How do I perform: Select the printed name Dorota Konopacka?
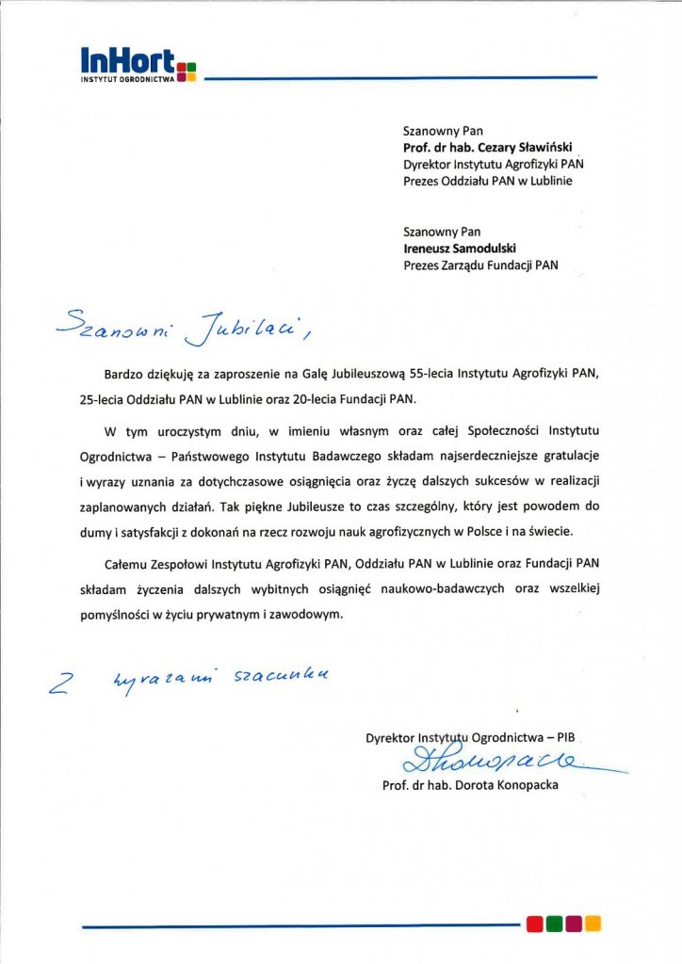509,784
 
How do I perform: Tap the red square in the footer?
535,923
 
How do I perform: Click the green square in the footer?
554,923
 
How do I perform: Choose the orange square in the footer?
593,923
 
